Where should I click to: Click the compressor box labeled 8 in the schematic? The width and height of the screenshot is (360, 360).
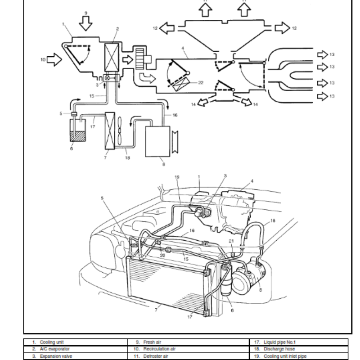click(x=157, y=140)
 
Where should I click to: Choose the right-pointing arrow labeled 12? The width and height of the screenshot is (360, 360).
click(x=282, y=28)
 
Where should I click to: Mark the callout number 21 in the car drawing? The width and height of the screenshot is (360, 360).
click(x=231, y=242)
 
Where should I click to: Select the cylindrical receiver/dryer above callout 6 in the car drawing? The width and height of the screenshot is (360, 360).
click(x=226, y=279)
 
